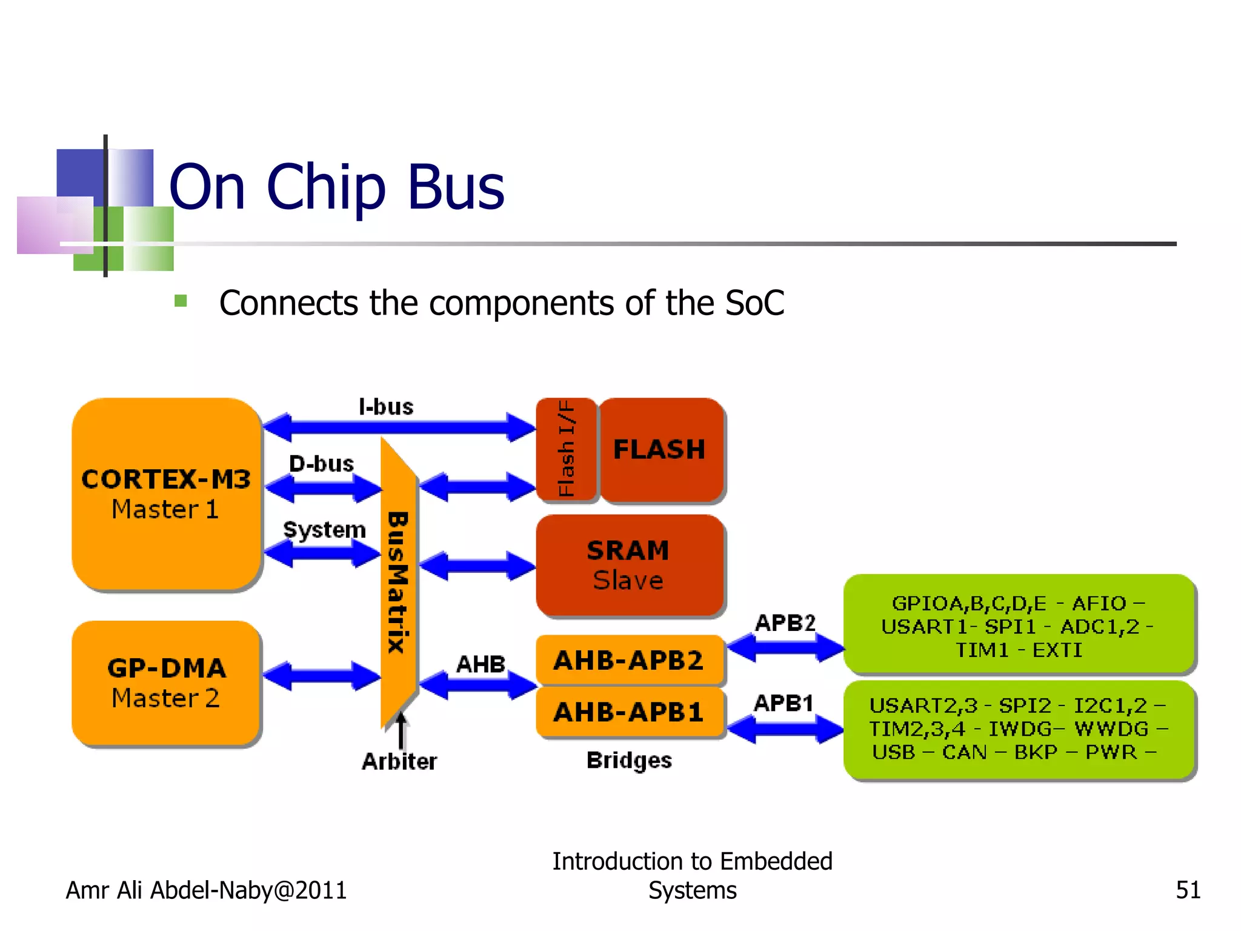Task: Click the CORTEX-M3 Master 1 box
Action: pos(166,493)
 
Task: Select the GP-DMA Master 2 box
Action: pos(166,682)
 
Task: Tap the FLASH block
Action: pos(661,450)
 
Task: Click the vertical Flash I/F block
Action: pos(567,449)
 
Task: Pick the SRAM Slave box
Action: pos(629,565)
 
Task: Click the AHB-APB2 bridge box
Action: pos(629,659)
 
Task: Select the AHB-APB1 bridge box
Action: pos(629,712)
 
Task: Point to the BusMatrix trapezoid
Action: pos(398,582)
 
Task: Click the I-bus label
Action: pos(386,407)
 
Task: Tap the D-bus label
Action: pos(321,464)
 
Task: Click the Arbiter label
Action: pos(399,761)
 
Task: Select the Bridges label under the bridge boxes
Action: pos(629,760)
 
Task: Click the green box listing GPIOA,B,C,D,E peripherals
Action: pos(1019,625)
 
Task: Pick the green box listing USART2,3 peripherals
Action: pos(1019,729)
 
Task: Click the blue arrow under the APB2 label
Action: pos(785,647)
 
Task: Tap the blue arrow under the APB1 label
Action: pos(785,728)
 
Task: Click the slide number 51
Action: pos(1188,890)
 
